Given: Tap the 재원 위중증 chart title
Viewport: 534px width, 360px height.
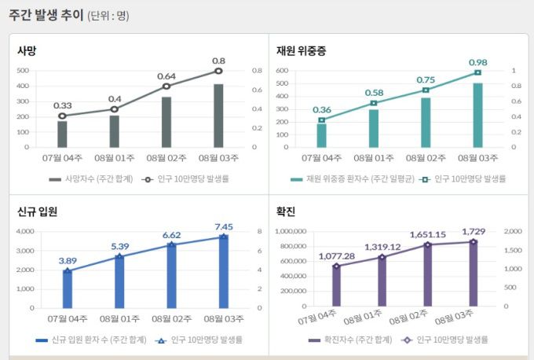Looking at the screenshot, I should [302, 51].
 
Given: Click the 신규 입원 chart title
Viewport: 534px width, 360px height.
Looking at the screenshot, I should [37, 211].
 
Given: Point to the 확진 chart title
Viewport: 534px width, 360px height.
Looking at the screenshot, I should [286, 211].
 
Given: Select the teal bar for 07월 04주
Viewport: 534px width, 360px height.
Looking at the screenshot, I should [322, 135].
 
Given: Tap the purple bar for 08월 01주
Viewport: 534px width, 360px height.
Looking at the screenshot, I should [382, 282].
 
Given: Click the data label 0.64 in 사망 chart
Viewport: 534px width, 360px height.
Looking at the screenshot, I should [166, 76].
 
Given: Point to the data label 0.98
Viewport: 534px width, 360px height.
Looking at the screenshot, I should [477, 62].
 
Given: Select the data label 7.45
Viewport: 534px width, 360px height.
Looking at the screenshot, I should [224, 227].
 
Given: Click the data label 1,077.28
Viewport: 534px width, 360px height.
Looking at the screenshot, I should [337, 256].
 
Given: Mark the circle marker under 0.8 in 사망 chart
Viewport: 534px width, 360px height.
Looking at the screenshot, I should [218, 71].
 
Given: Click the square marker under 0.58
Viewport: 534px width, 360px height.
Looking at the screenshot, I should [374, 103].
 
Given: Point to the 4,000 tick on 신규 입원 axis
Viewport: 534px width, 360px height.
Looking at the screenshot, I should [25, 231].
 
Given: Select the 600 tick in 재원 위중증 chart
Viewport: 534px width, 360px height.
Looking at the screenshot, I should [283, 71].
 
